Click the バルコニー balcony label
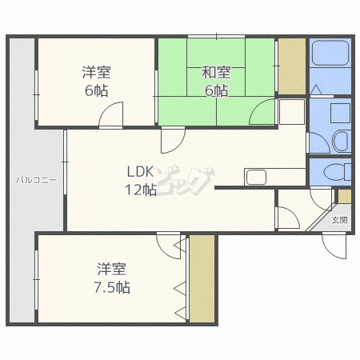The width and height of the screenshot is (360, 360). tap(36, 181)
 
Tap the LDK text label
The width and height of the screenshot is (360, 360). tap(138, 171)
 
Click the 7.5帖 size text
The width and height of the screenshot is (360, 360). tap(112, 287)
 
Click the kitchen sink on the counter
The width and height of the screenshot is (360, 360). tap(258, 177)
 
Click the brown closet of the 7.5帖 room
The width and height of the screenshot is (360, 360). tap(202, 278)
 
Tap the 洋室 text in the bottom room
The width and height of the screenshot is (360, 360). tap(112, 268)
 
